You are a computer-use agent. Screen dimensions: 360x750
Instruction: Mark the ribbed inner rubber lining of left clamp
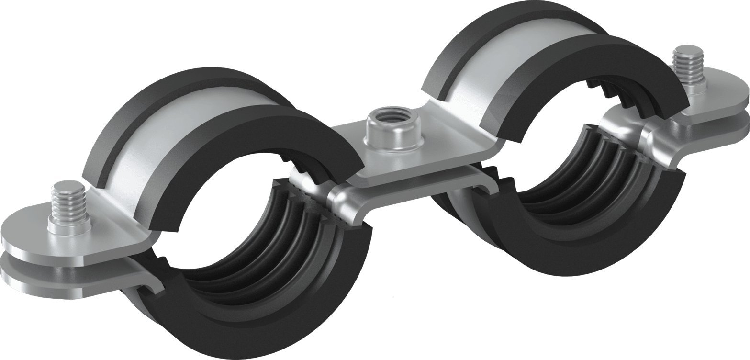(x=268, y=239)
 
